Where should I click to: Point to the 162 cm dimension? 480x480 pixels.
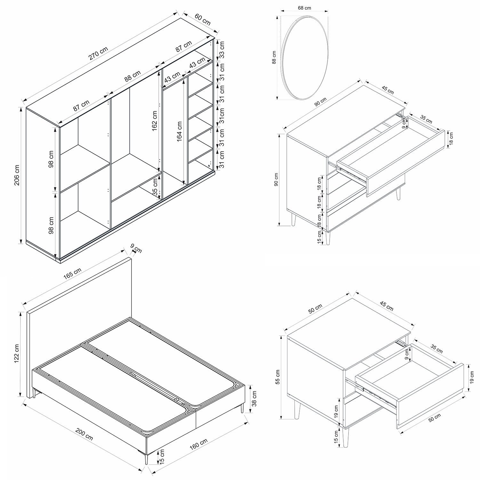(x=155, y=121)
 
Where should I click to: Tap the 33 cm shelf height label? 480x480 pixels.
(x=222, y=49)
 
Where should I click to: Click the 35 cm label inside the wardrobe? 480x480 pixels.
(x=155, y=187)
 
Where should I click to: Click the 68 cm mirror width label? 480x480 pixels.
(x=304, y=8)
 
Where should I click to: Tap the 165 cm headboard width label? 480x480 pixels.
(x=73, y=274)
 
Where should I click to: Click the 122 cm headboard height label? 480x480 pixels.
(x=17, y=354)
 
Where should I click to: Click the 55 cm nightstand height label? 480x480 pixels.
(x=277, y=377)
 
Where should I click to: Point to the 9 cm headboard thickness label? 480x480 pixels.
(x=136, y=248)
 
